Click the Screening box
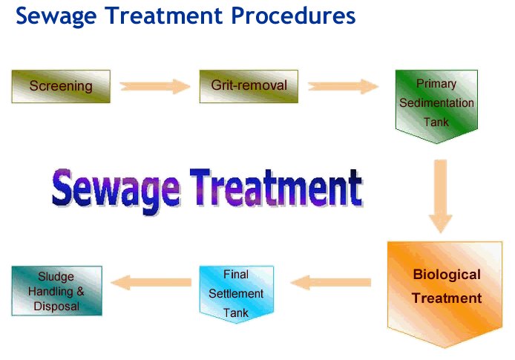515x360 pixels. [x=61, y=86]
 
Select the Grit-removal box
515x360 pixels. [x=249, y=86]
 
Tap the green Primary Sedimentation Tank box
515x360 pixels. [x=436, y=106]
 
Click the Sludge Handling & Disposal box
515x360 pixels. [x=57, y=291]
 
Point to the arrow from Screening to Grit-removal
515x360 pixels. [x=155, y=86]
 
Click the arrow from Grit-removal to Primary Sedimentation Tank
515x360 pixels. [x=344, y=86]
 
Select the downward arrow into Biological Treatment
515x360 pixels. [x=441, y=196]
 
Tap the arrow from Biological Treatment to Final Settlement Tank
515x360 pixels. [x=331, y=283]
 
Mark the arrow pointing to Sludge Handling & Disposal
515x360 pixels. [x=151, y=283]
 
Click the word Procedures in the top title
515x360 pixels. [x=293, y=16]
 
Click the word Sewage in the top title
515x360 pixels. [x=56, y=16]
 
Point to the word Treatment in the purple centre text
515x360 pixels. [x=276, y=188]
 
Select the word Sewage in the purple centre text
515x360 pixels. [x=116, y=191]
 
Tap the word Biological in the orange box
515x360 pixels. [x=447, y=275]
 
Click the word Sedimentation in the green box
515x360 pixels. [x=436, y=103]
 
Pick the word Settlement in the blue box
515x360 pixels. [x=236, y=294]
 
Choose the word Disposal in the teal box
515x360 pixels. [x=56, y=306]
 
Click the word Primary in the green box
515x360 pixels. [x=436, y=84]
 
